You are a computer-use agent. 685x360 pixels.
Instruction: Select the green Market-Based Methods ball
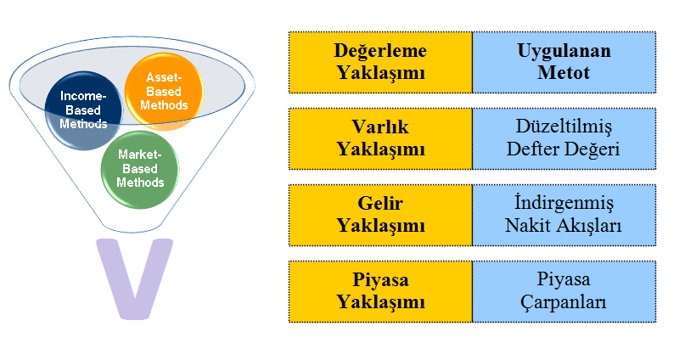click(140, 168)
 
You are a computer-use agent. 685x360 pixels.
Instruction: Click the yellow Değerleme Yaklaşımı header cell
click(380, 62)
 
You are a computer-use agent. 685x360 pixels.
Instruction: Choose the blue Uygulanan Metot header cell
click(564, 62)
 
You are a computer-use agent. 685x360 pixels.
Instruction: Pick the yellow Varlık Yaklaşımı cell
click(380, 138)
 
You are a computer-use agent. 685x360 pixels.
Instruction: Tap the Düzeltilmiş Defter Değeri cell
click(564, 138)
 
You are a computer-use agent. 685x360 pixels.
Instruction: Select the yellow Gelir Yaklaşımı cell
click(380, 215)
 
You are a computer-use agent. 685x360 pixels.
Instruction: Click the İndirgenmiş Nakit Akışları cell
click(564, 215)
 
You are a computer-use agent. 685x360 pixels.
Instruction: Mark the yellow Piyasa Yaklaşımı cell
click(380, 291)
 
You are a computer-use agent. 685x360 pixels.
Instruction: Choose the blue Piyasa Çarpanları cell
click(564, 291)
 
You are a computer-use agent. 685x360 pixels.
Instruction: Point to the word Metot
click(564, 73)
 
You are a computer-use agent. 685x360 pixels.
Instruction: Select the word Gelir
click(380, 204)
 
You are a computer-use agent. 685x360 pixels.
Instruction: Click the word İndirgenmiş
click(564, 204)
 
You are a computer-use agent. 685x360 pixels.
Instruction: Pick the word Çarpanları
click(564, 303)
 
